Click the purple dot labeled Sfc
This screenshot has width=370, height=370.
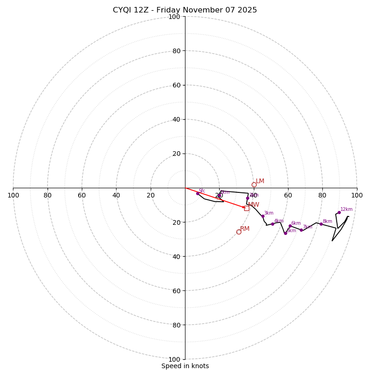[197, 193]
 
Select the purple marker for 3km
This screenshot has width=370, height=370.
[263, 216]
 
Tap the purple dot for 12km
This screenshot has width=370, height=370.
[339, 212]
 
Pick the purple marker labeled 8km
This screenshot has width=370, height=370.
[321, 224]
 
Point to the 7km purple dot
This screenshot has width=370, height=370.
[301, 230]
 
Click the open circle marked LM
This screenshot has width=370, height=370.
[254, 185]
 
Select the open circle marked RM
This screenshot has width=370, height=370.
[239, 232]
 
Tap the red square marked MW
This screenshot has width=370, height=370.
[247, 209]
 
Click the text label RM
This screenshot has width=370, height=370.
[245, 228]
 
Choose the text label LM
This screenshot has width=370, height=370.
[260, 181]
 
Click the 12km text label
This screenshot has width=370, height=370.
[346, 209]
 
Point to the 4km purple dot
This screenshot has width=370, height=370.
[272, 224]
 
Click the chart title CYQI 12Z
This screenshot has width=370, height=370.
[185, 10]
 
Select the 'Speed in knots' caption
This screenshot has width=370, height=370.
[185, 366]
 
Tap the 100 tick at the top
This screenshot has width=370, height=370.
[174, 17]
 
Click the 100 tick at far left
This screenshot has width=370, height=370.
[13, 195]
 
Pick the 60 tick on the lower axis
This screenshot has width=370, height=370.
[174, 290]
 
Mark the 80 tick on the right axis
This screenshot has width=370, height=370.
[322, 195]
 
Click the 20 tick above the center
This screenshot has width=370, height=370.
[176, 154]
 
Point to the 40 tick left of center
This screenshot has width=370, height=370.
[116, 195]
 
